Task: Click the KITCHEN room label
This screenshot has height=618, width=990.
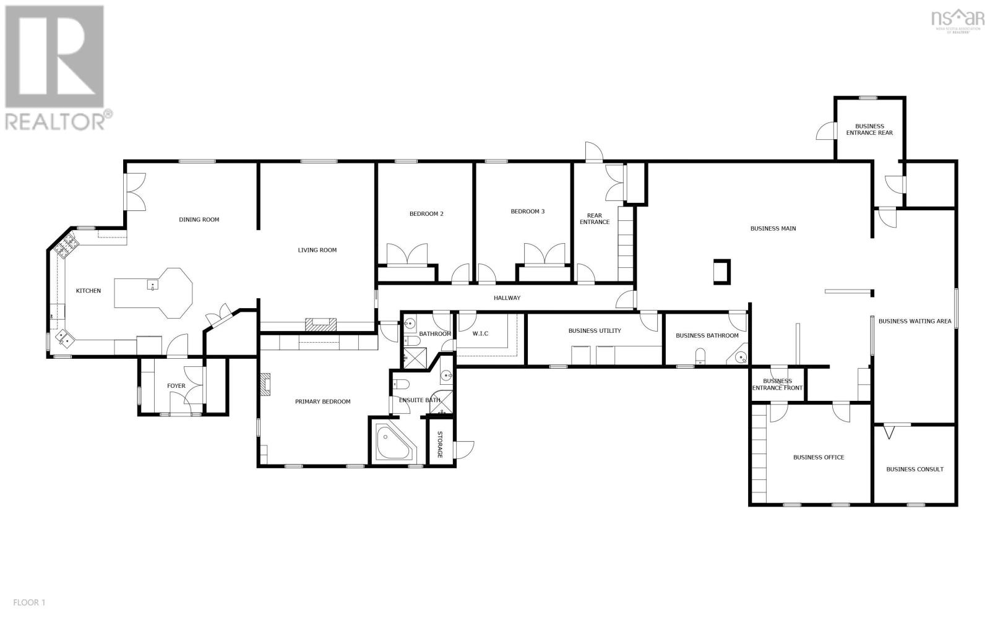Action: pos(88,291)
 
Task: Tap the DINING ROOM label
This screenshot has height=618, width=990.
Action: pos(199,220)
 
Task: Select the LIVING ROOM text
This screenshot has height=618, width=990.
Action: pos(317,250)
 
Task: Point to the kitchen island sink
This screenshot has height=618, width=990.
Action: pos(152,285)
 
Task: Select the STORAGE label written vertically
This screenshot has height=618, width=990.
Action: pos(440,444)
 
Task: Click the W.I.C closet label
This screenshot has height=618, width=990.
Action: pos(480,333)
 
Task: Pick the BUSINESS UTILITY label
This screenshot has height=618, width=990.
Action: pos(594,331)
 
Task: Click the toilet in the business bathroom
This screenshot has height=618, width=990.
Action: pos(701,357)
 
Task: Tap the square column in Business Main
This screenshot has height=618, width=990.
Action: pos(721,272)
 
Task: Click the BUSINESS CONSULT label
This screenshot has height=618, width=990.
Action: pos(915,469)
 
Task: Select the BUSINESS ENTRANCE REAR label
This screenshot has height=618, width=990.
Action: pos(869,129)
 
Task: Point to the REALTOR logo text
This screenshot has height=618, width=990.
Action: pos(59,121)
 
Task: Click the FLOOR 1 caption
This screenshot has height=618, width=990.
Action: pos(29,602)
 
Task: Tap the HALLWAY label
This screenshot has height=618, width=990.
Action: pos(507,298)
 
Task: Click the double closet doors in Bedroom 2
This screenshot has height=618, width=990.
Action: pos(407,254)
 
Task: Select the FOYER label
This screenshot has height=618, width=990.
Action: pos(176,386)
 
